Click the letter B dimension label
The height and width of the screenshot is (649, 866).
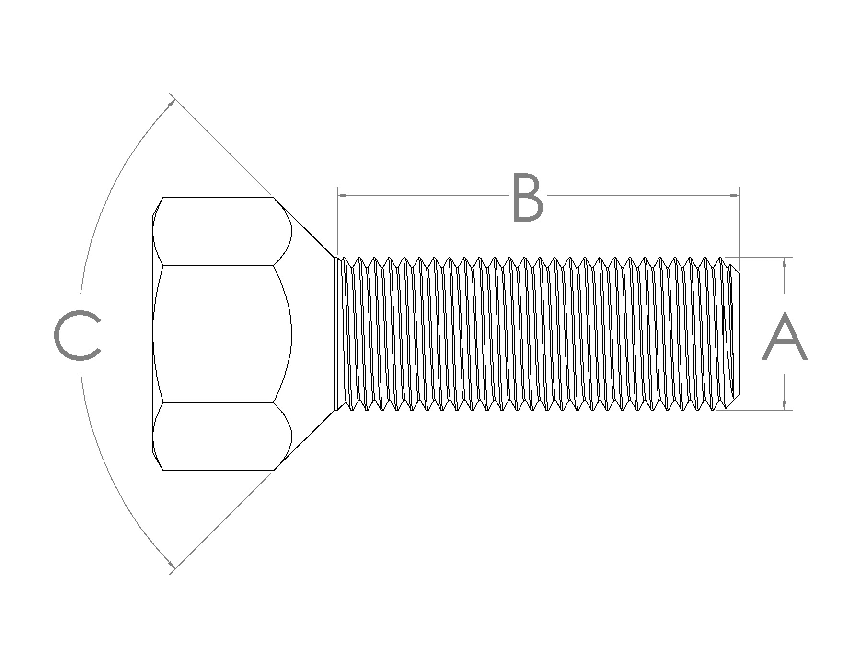pos(528,198)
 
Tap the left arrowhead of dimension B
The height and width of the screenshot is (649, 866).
pos(342,195)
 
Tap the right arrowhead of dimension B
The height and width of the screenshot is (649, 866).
pos(734,195)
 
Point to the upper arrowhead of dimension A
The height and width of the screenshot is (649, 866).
pos(784,263)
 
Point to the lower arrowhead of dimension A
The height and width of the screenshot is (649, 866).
pos(784,404)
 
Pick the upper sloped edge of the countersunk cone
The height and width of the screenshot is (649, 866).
pos(303,227)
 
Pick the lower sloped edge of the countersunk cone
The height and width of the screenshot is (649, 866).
pos(303,440)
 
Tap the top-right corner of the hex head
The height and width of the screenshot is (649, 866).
pos(273,197)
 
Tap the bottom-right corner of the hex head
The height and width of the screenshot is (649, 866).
pos(273,471)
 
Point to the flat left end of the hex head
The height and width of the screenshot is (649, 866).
pos(152,333)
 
